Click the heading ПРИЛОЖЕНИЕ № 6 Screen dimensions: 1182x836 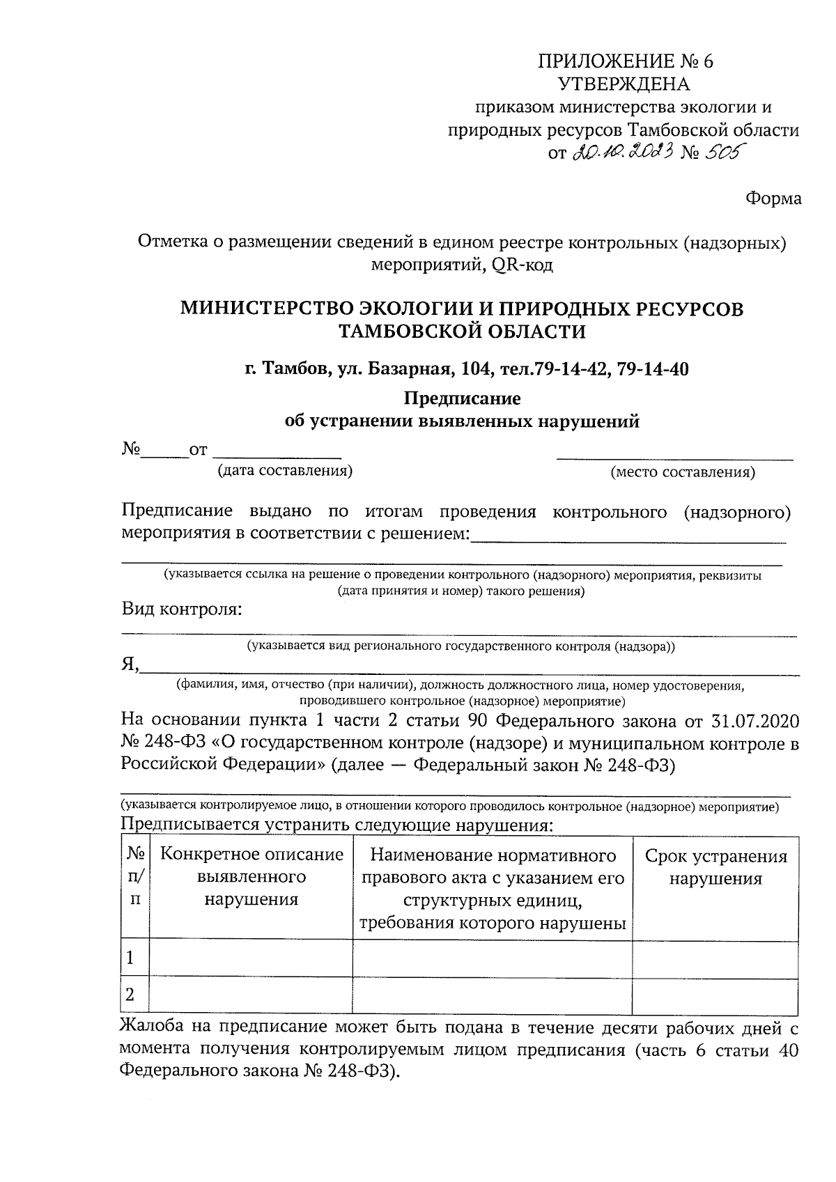(x=625, y=61)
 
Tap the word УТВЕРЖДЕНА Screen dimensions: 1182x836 (x=624, y=84)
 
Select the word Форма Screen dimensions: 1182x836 (x=773, y=199)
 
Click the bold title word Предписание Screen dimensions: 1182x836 (x=463, y=399)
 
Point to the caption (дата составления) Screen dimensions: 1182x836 (x=285, y=471)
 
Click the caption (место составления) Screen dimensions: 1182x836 (x=682, y=473)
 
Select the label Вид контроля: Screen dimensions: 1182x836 (x=182, y=609)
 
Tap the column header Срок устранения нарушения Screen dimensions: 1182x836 (x=715, y=867)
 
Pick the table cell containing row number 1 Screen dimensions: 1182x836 (x=135, y=958)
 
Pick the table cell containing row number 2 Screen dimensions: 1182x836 (x=135, y=995)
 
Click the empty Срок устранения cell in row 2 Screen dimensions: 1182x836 (x=715, y=995)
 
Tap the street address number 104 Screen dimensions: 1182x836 (x=471, y=369)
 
